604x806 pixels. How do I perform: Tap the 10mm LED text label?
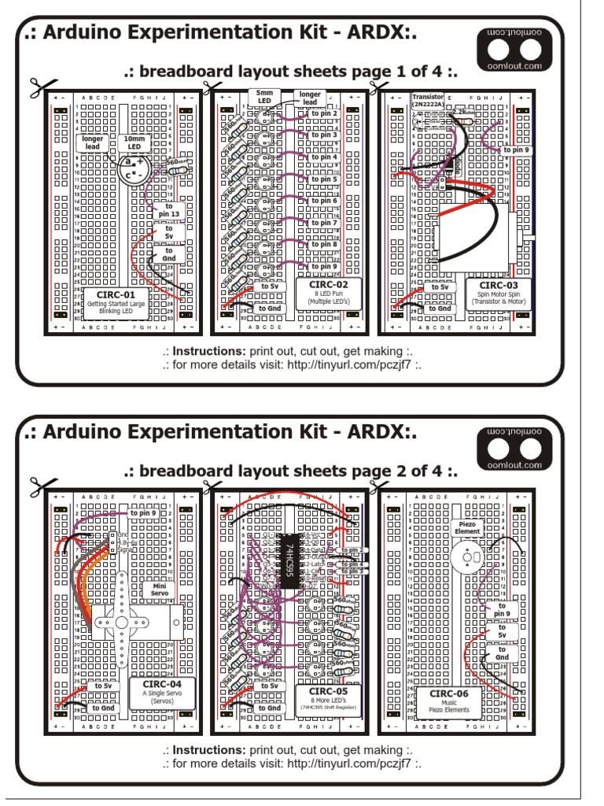pyautogui.click(x=134, y=143)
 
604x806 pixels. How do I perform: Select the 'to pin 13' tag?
pyautogui.click(x=168, y=210)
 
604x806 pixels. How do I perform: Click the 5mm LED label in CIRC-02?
pyautogui.click(x=263, y=96)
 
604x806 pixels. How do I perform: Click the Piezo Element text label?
pyautogui.click(x=466, y=527)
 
